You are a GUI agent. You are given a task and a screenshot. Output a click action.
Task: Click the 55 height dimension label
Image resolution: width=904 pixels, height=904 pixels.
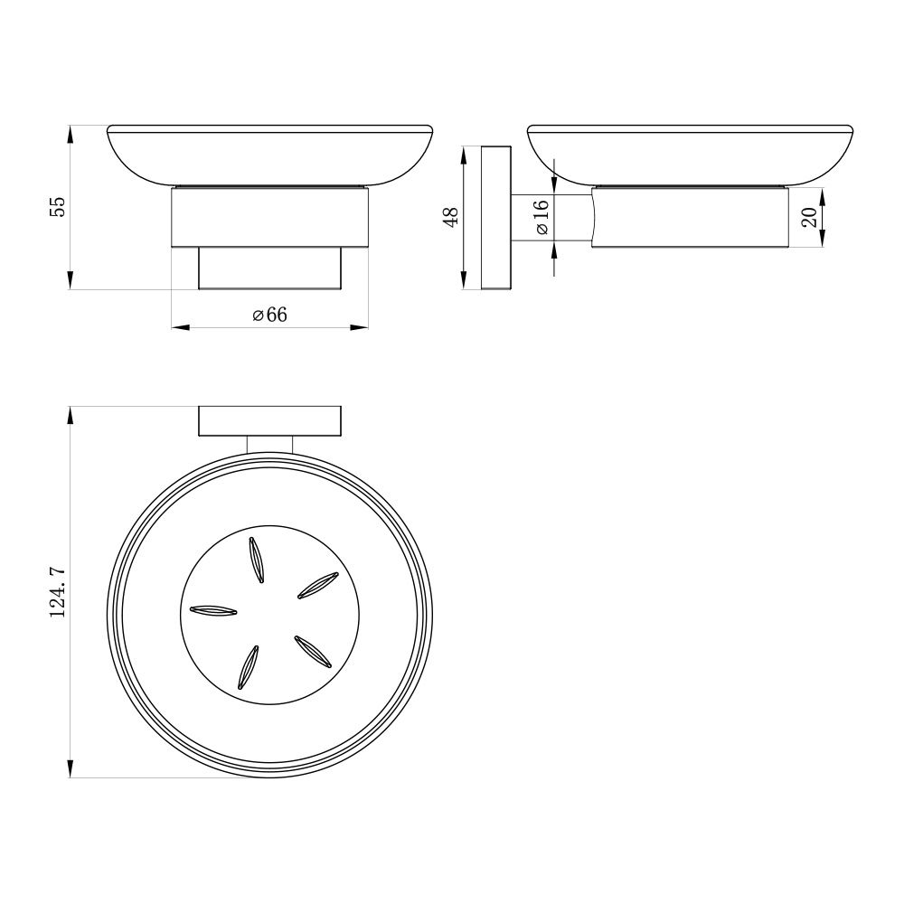click(58, 207)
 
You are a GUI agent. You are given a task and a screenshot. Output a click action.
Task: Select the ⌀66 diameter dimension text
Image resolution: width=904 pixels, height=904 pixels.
click(269, 315)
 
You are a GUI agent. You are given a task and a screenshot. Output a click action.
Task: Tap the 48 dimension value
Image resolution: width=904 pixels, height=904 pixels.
click(451, 217)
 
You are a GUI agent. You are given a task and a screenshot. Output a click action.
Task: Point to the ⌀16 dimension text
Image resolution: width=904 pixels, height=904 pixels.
click(541, 217)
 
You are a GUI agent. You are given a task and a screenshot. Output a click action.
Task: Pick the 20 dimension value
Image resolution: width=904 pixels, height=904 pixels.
click(810, 217)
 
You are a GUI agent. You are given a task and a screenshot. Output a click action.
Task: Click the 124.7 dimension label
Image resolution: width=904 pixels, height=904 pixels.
click(58, 593)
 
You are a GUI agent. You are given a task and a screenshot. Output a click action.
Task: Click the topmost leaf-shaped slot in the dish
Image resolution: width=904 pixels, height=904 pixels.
click(257, 560)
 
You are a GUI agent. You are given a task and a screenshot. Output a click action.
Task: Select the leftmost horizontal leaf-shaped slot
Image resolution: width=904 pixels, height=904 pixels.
click(213, 610)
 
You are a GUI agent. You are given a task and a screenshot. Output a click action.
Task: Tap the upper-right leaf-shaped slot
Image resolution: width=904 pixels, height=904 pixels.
click(317, 586)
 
